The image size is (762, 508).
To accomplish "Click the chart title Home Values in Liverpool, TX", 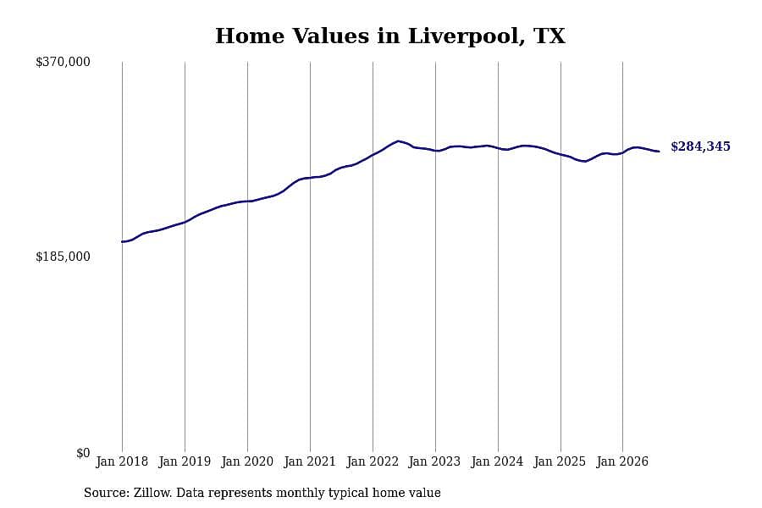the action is (390, 36).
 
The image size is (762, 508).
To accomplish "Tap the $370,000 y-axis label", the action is (63, 62).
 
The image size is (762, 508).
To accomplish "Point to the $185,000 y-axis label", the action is (63, 257).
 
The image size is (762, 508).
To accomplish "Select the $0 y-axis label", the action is (83, 453).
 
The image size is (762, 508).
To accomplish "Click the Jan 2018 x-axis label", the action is (122, 461).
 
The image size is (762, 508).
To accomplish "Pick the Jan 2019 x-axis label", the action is (185, 461).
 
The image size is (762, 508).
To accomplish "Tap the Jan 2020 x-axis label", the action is (247, 461).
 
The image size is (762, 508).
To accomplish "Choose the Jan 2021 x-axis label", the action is (310, 461).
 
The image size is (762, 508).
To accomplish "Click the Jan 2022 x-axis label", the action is (373, 461).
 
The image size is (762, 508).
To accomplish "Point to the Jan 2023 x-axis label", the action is (435, 461).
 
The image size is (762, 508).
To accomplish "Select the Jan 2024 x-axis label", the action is (498, 461).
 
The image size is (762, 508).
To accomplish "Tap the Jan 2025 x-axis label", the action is (560, 461).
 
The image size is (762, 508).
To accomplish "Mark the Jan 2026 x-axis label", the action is (622, 461).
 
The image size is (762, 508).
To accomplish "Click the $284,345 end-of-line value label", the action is (700, 146).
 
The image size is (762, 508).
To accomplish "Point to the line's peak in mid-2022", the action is (399, 141).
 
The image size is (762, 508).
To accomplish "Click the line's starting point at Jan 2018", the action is (123, 241).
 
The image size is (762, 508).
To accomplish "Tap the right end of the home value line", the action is (659, 152).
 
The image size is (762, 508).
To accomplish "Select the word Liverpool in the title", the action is (466, 36).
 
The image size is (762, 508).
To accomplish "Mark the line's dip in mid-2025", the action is (584, 161).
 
